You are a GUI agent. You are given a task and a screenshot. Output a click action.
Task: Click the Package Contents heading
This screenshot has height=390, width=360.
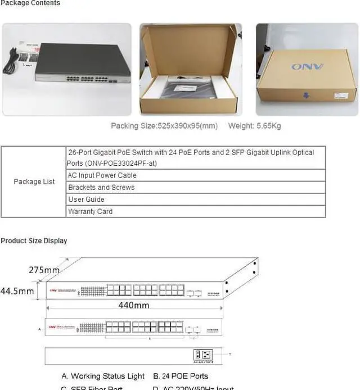coord(30,3)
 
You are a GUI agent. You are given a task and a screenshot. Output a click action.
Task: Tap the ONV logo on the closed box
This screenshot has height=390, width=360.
coord(307,67)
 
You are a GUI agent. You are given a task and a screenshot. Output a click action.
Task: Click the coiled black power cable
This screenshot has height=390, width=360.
coord(10,61)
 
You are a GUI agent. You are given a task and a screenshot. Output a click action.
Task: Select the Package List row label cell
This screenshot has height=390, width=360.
coord(34,182)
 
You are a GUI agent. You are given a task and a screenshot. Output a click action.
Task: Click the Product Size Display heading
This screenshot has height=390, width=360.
coord(34,241)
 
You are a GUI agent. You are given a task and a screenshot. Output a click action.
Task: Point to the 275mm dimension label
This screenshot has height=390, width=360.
coord(44,270)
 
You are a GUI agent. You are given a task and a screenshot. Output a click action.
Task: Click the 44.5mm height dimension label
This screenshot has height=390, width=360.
coord(17,291)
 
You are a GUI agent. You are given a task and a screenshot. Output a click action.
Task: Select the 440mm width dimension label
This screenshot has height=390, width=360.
coord(133,305)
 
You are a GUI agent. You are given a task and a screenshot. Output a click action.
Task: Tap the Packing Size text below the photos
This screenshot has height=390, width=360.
coord(164,126)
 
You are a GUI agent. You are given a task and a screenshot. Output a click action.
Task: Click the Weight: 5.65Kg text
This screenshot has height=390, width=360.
coord(254,126)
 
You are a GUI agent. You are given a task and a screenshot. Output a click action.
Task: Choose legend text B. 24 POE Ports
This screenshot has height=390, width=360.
coord(180,376)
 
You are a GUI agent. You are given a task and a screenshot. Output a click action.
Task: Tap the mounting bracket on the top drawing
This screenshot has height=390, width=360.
coord(240,278)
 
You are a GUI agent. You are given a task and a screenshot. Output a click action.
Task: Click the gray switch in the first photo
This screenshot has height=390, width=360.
coord(84,62)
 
